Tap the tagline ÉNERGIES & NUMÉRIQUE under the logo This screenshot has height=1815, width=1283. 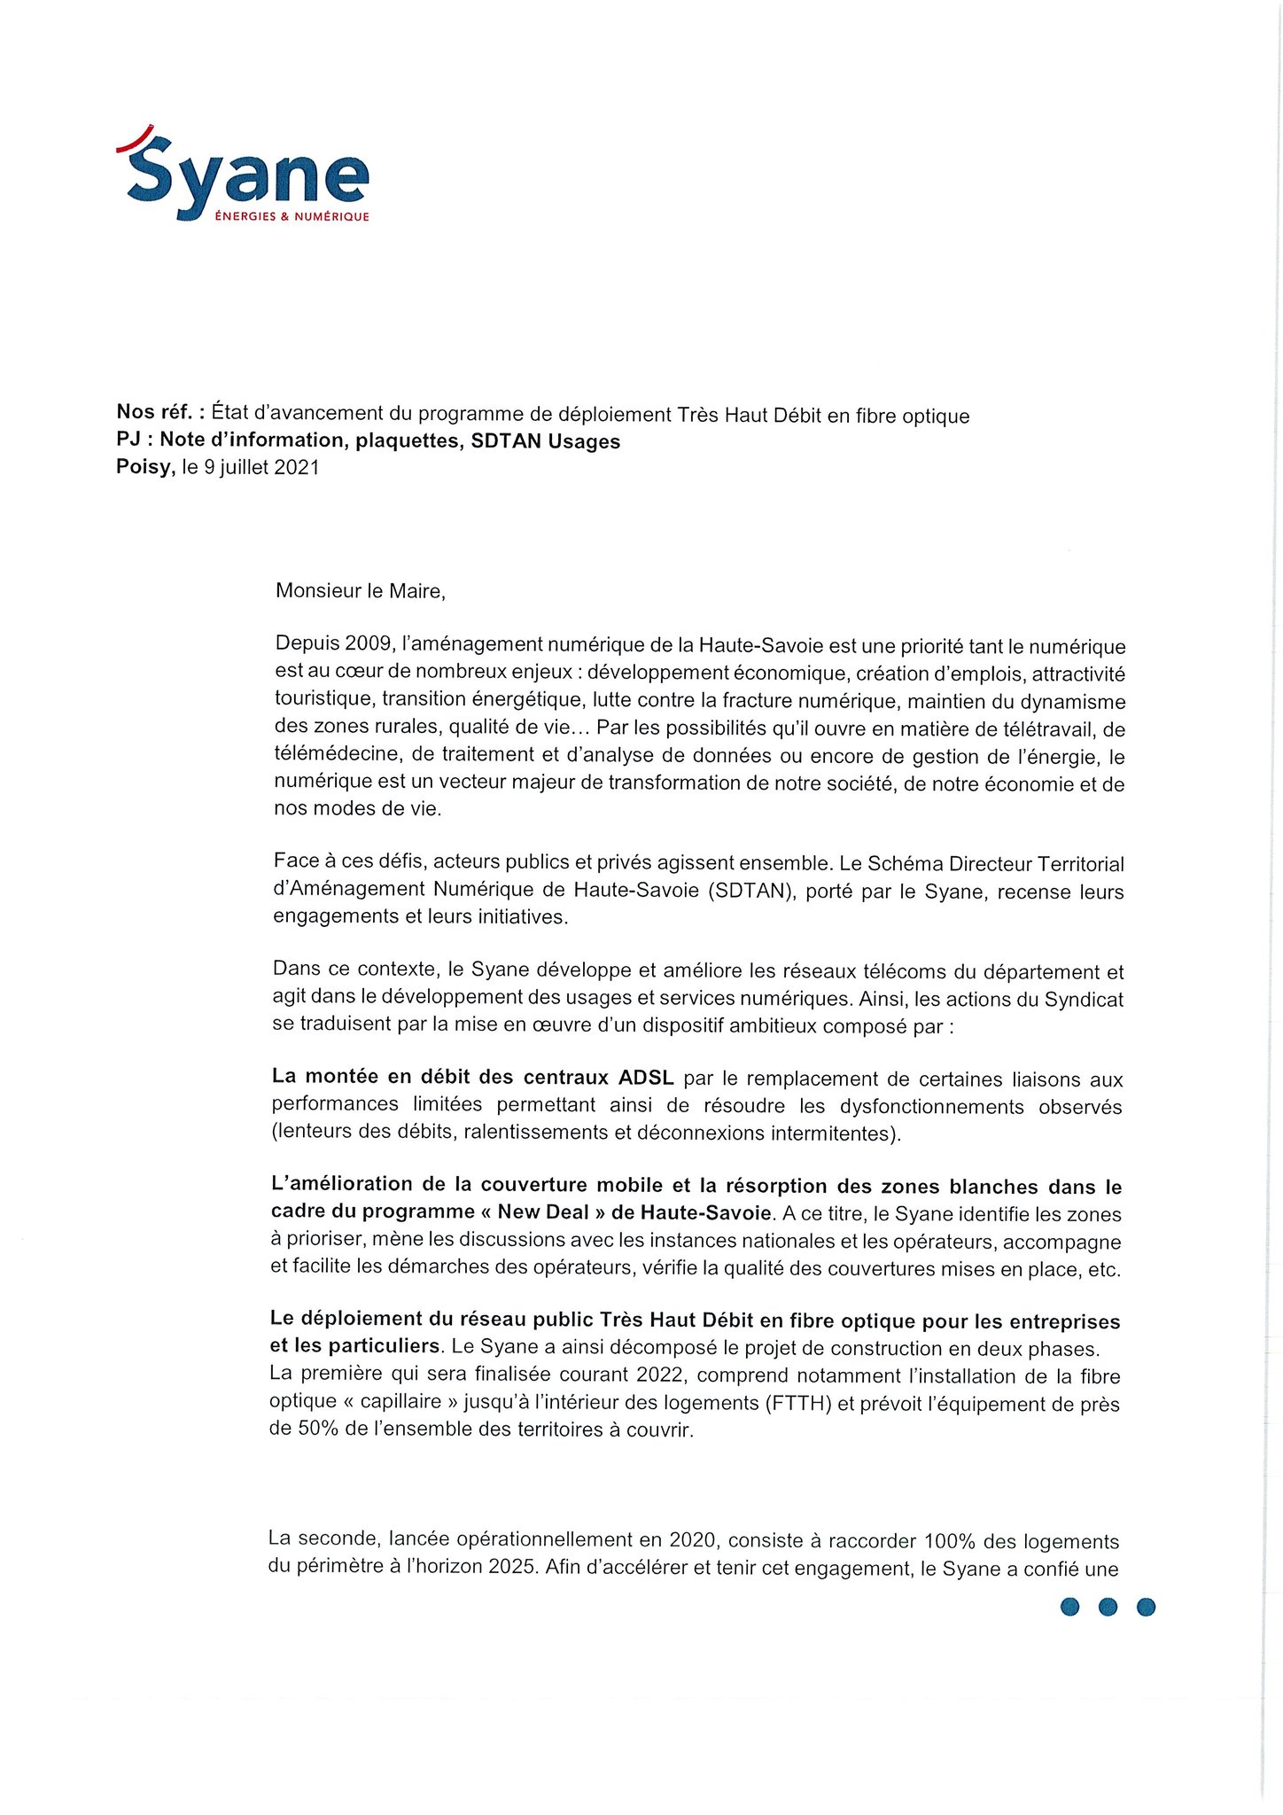[292, 217]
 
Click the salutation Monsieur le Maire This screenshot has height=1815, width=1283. [359, 591]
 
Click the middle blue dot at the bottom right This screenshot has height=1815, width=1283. [1108, 1606]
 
